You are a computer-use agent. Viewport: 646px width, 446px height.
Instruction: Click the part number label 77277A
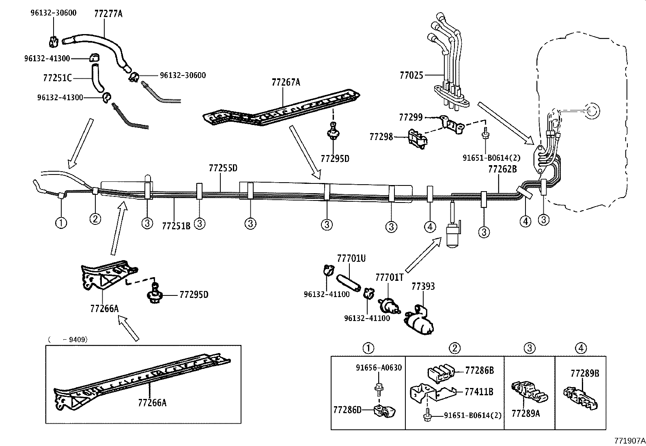click(x=108, y=14)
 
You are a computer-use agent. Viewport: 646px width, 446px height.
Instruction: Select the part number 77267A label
click(x=286, y=82)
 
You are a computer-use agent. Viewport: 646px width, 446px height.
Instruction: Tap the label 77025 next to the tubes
click(x=411, y=75)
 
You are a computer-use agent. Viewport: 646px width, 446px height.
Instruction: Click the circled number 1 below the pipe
click(x=61, y=222)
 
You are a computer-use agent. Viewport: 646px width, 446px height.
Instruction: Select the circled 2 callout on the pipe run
click(x=95, y=219)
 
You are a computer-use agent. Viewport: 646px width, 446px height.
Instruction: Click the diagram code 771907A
click(x=629, y=440)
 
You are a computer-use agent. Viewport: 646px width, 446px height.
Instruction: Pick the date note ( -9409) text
click(x=67, y=339)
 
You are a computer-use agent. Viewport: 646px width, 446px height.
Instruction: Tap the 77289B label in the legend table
click(x=584, y=373)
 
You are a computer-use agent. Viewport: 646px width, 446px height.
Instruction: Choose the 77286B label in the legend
click(x=479, y=370)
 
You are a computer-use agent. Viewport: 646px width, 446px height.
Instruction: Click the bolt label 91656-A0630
click(x=379, y=368)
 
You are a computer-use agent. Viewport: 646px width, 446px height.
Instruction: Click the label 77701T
click(x=389, y=277)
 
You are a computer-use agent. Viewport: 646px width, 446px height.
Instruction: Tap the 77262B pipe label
click(x=502, y=169)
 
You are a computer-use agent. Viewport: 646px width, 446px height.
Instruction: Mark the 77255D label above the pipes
click(x=223, y=168)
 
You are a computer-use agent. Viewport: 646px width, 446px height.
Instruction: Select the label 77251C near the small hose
click(x=57, y=78)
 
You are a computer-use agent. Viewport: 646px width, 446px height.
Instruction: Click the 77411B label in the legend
click(x=479, y=392)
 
